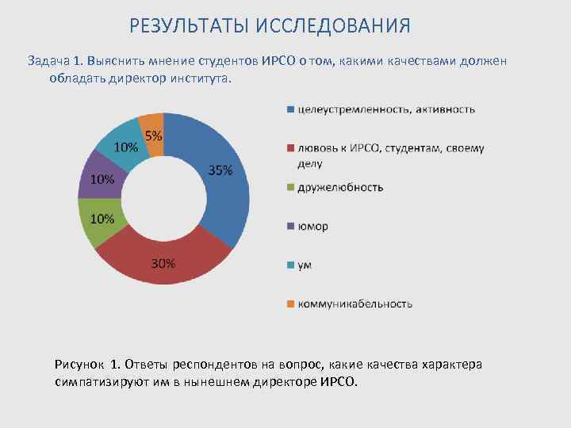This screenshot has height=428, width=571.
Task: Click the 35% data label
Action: pyautogui.click(x=220, y=170)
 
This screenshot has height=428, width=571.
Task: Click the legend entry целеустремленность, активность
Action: pyautogui.click(x=386, y=109)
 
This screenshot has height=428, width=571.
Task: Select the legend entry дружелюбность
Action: pyautogui.click(x=340, y=187)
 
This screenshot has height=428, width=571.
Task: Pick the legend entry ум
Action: pyautogui.click(x=305, y=265)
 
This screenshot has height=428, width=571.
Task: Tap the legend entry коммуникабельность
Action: pyautogui.click(x=354, y=304)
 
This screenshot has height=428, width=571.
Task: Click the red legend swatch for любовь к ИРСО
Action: pyautogui.click(x=291, y=148)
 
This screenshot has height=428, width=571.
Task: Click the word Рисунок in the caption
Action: pyautogui.click(x=80, y=365)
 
